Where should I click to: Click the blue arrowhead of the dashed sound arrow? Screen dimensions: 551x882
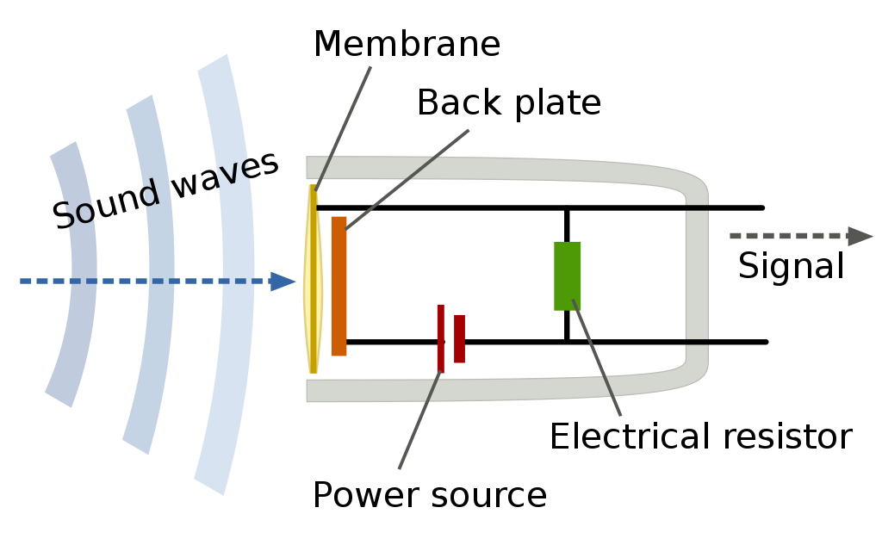point(283,282)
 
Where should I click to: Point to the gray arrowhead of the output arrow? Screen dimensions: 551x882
point(860,236)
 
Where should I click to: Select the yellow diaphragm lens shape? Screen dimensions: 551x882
point(313,284)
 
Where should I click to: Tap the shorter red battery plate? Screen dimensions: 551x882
point(459,338)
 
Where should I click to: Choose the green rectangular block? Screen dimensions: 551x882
point(568,275)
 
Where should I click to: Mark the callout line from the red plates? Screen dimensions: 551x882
point(419,422)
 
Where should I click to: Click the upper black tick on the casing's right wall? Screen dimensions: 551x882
point(697,208)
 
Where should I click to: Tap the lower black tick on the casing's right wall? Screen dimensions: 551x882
point(697,342)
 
